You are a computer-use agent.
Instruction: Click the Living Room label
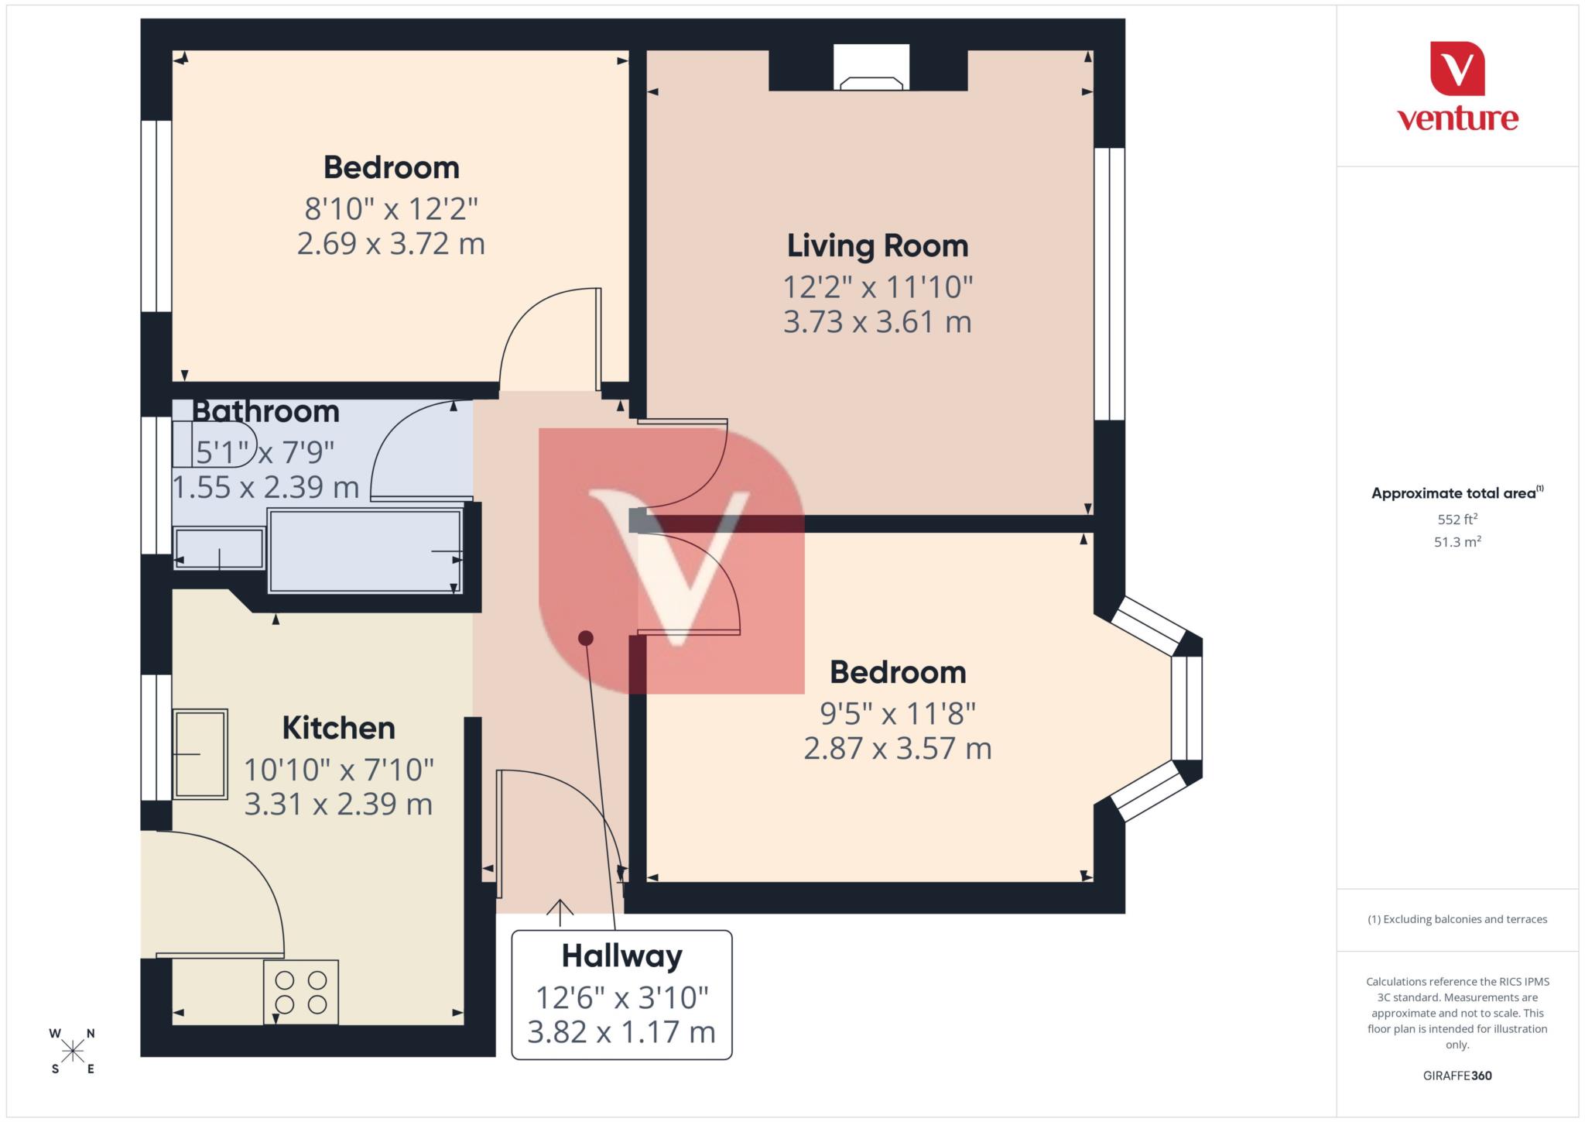(x=877, y=246)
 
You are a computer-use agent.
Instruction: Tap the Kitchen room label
(x=338, y=729)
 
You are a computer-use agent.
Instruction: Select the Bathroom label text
(x=265, y=411)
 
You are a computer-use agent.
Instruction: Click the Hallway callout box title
(x=621, y=956)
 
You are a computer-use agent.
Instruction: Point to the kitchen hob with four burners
(x=301, y=992)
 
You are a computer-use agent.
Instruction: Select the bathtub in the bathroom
(x=365, y=551)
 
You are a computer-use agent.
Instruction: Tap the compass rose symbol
(x=73, y=1051)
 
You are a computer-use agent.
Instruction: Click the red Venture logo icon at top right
(x=1457, y=69)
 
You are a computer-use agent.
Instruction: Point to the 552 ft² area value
(x=1457, y=519)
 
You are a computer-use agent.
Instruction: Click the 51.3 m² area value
(x=1457, y=542)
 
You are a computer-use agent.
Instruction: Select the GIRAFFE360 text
(x=1457, y=1076)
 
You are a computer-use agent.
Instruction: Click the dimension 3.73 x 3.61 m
(x=877, y=322)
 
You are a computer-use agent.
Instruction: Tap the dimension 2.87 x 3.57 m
(x=897, y=749)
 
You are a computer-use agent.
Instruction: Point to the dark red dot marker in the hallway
(x=586, y=638)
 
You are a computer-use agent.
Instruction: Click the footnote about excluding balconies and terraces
(x=1457, y=920)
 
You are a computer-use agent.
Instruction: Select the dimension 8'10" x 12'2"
(x=391, y=209)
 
